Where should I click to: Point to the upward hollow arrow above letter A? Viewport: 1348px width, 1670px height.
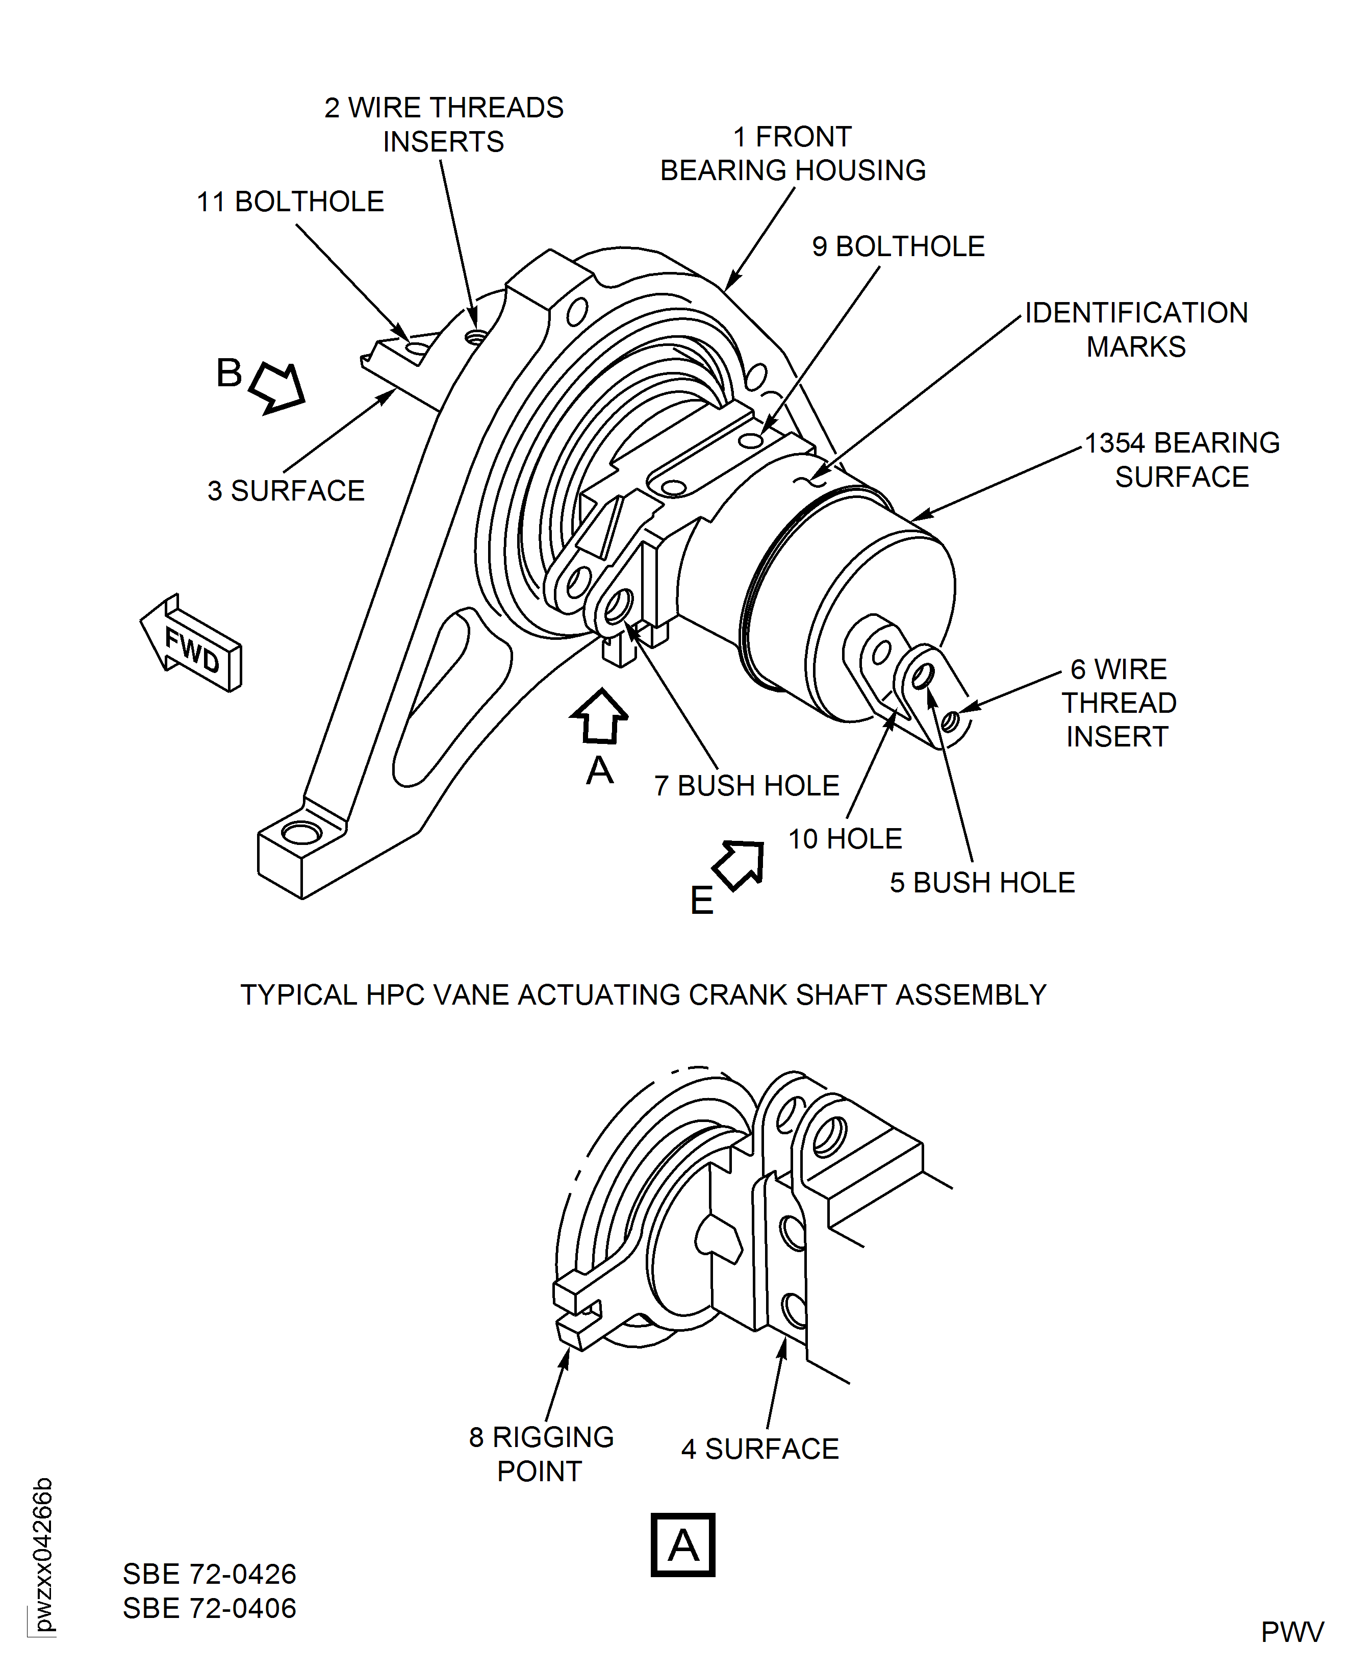point(599,716)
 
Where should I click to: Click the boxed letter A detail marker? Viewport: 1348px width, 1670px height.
point(682,1545)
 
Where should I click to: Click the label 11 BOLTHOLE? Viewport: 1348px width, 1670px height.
point(290,202)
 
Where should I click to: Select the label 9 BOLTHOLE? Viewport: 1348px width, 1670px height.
point(898,247)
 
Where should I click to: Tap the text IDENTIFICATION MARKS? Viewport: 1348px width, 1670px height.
point(1135,329)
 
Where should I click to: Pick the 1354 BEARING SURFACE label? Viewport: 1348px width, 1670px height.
point(1181,460)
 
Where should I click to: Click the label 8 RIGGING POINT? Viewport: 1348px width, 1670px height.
point(541,1453)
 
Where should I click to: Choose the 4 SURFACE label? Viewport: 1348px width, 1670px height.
point(759,1449)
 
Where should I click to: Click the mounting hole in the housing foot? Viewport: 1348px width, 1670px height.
point(301,833)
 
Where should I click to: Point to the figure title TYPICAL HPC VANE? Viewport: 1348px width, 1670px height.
point(643,995)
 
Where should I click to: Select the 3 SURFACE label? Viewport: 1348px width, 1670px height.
point(286,491)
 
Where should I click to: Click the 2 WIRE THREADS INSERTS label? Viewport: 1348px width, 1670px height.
point(443,124)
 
